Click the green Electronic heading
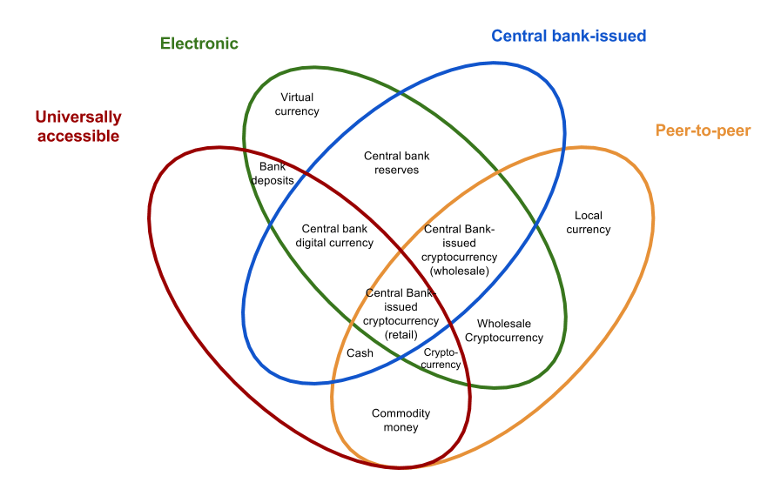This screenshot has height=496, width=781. click(199, 44)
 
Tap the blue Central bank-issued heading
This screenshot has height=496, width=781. click(569, 36)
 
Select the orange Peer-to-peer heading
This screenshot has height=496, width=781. click(702, 131)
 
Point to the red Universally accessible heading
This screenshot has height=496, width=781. click(78, 126)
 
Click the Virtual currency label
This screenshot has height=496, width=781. click(297, 104)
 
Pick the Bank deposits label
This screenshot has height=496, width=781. click(273, 173)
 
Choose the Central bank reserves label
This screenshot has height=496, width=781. click(397, 163)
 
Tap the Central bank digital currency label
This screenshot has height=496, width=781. click(338, 236)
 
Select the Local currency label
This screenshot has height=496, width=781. click(589, 223)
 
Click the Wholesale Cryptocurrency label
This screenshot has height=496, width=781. click(504, 331)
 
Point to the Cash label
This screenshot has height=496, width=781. click(360, 353)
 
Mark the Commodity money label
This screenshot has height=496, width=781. click(401, 420)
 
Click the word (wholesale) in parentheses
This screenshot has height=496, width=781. click(459, 271)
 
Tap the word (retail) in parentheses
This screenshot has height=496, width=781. click(401, 334)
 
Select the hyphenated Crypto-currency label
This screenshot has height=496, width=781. click(441, 359)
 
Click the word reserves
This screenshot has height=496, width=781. click(397, 170)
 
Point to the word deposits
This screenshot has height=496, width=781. click(273, 180)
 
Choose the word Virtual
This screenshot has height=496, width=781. click(297, 97)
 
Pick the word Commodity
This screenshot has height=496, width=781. click(401, 413)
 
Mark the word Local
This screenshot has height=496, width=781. click(589, 216)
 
